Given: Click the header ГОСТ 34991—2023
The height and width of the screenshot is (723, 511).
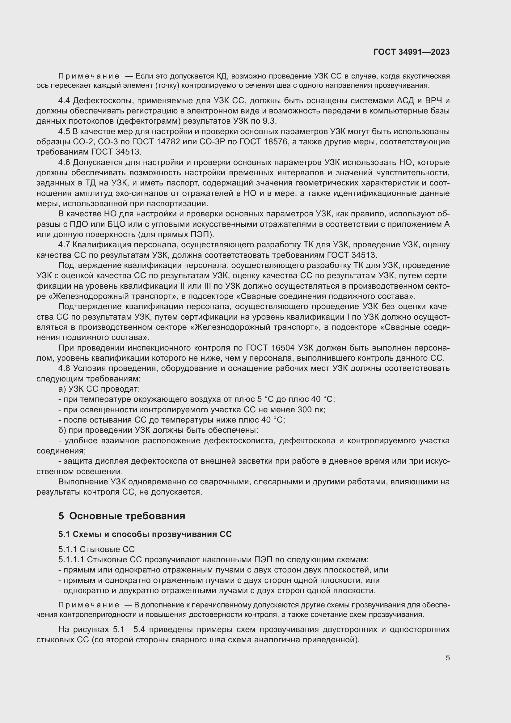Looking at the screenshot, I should pos(411,52).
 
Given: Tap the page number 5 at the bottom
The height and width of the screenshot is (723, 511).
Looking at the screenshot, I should pos(447,658).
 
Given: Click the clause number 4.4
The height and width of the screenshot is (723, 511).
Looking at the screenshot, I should pos(65,101).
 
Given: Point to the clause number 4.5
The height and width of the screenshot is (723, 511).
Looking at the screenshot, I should pos(65,132).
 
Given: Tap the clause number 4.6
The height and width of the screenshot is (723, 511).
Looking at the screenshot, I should pos(65,163).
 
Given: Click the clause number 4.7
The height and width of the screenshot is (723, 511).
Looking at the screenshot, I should pos(65,245).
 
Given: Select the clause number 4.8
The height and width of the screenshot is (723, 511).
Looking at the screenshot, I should pos(65,368).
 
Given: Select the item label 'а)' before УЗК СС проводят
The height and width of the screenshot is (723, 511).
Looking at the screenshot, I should pos(62,389).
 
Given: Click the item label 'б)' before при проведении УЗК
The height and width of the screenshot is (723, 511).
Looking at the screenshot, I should pos(62,430).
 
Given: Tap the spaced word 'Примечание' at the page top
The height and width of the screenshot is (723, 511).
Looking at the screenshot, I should pos(88,76).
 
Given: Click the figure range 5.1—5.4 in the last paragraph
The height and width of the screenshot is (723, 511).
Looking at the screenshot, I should pos(129,630).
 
